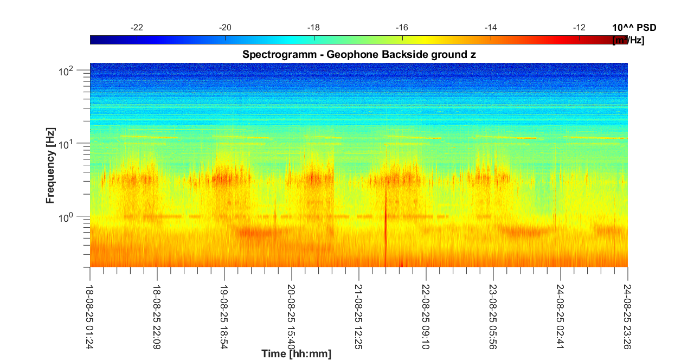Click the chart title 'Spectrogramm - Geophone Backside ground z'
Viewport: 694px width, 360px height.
coord(359,55)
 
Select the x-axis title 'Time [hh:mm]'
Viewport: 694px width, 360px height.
coord(296,354)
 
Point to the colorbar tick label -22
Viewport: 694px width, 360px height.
coord(137,28)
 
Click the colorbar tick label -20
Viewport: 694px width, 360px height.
coord(226,28)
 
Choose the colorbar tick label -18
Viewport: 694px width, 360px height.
coord(314,28)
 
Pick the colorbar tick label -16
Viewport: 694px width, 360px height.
coord(402,28)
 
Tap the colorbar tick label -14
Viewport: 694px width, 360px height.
coord(491,28)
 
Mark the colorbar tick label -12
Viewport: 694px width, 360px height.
coord(579,28)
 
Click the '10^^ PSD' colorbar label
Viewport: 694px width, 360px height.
coord(634,28)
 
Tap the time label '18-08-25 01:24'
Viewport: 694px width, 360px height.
coord(90,311)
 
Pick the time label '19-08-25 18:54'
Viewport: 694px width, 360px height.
coord(224,311)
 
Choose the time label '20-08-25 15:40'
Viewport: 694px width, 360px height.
coord(292,311)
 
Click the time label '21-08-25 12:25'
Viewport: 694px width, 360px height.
coord(359,311)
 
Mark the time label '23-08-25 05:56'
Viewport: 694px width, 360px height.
coord(493,311)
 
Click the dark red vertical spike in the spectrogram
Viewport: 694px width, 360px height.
coord(385,228)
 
